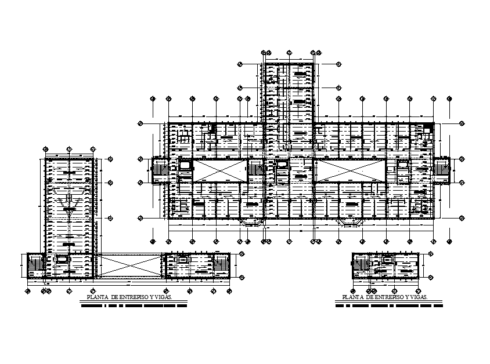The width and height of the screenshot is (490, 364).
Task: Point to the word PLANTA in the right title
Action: pyautogui.click(x=354, y=297)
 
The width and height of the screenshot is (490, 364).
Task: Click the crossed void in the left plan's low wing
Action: pyautogui.click(x=129, y=265)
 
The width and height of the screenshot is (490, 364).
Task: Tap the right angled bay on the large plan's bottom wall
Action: pyautogui.click(x=350, y=222)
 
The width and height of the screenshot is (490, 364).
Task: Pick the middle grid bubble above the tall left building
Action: pyautogui.click(x=70, y=149)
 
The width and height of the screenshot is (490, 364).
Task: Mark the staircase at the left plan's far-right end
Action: pyautogui.click(x=222, y=265)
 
